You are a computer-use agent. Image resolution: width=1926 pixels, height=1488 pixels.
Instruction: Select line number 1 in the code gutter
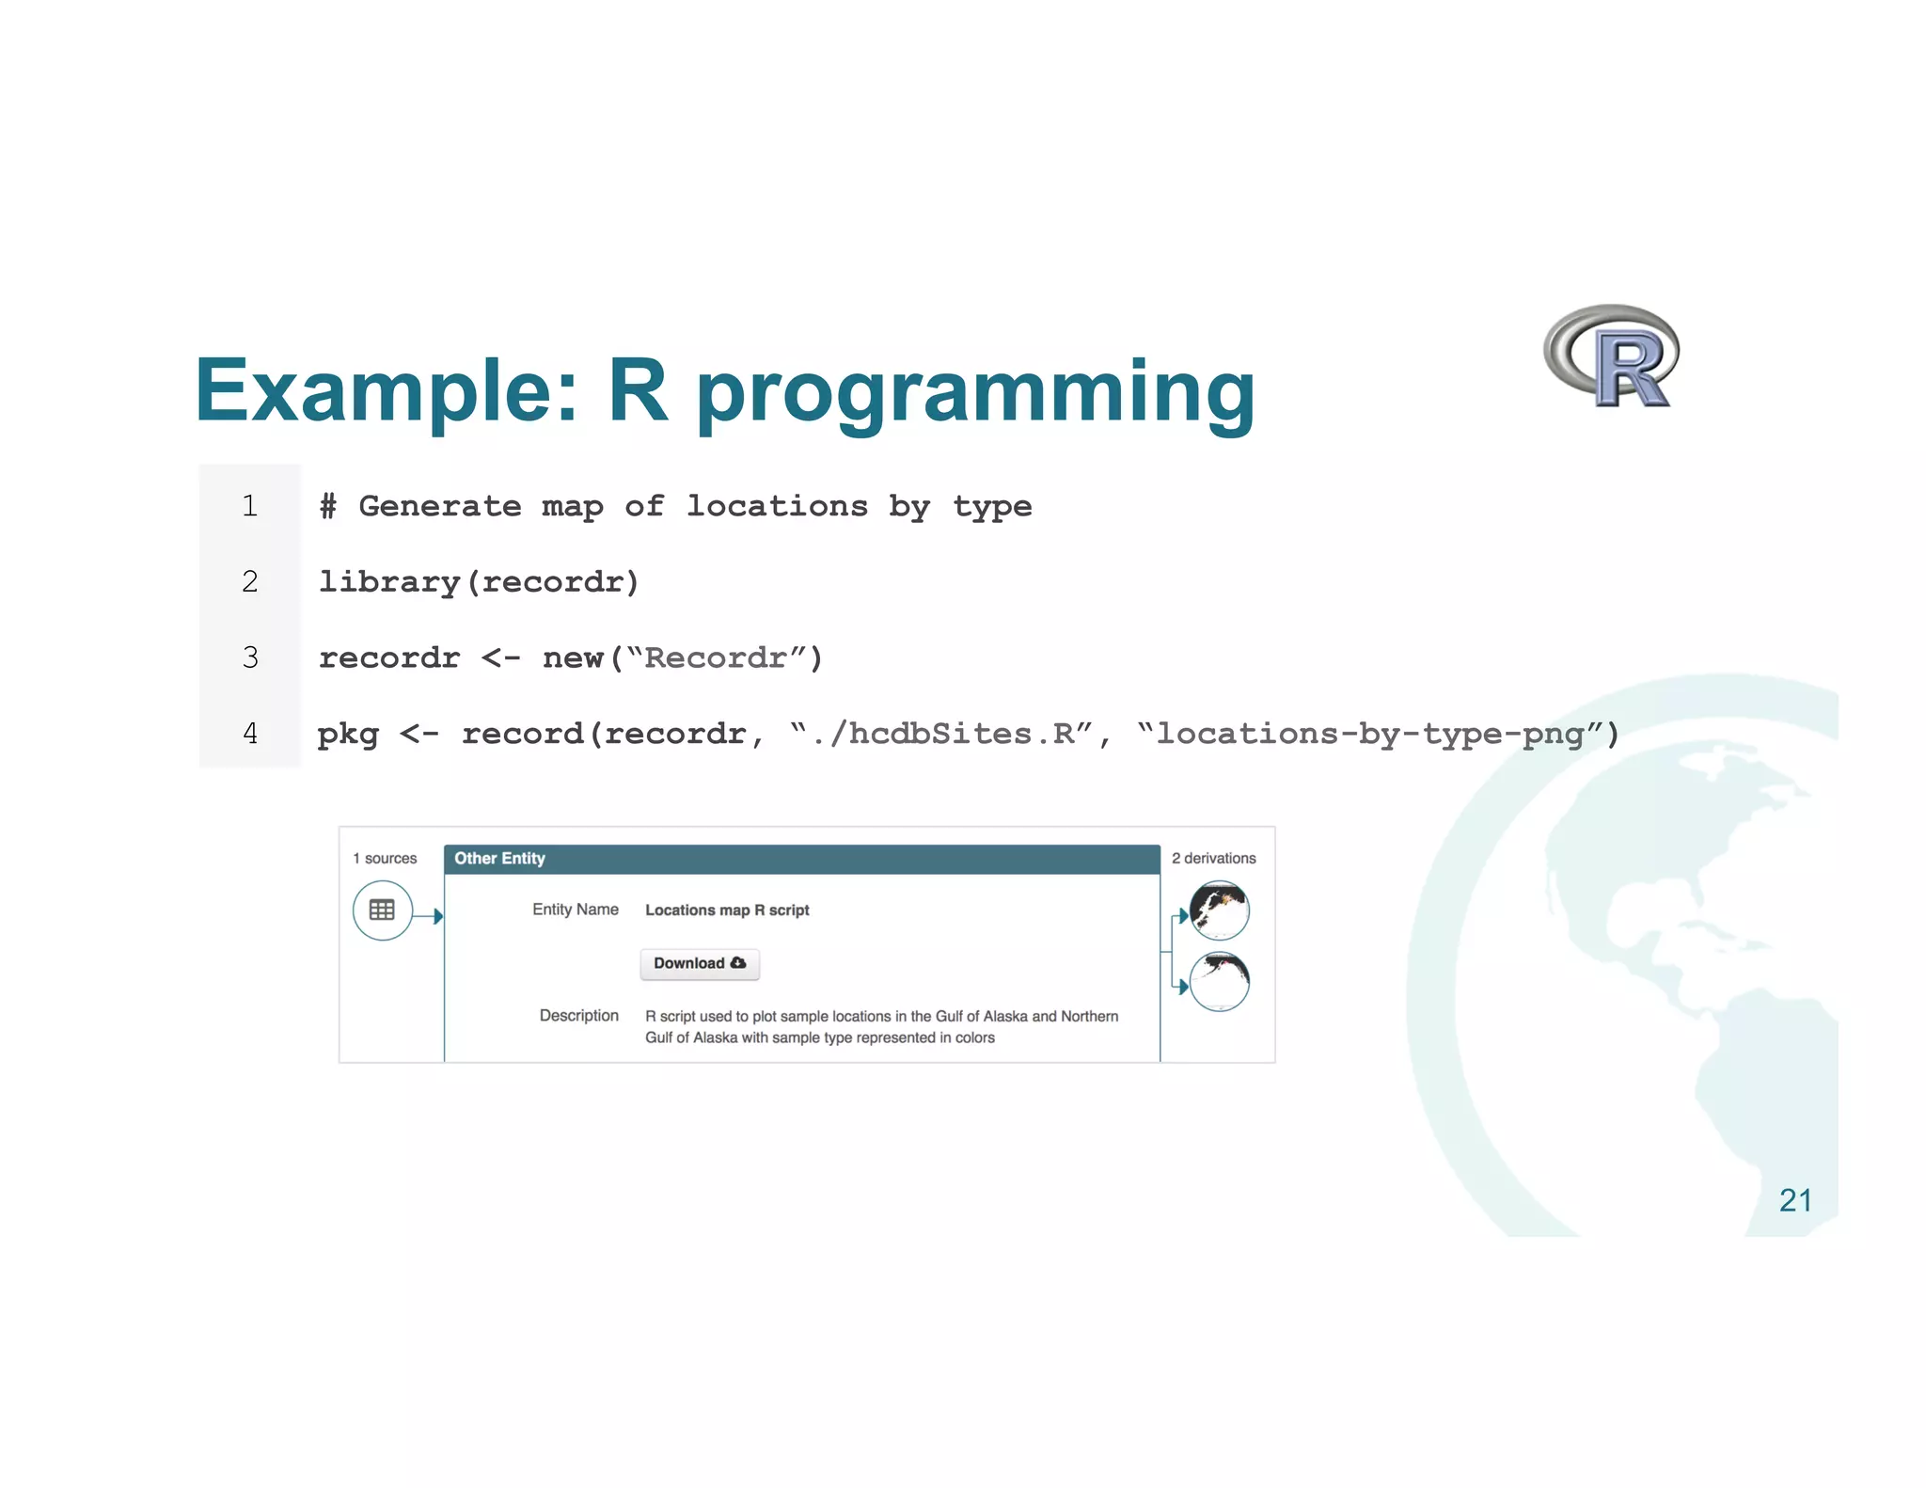pyautogui.click(x=249, y=506)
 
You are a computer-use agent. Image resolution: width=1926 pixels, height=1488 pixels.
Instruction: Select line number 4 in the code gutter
pyautogui.click(x=249, y=733)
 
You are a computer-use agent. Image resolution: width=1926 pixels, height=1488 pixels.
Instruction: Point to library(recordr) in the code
pyautogui.click(x=479, y=582)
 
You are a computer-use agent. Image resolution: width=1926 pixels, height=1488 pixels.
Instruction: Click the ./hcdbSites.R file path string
pyautogui.click(x=942, y=733)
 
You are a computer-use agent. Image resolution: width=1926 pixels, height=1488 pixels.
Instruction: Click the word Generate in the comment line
pyautogui.click(x=440, y=506)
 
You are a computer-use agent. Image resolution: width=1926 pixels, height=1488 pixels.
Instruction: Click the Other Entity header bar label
pyautogui.click(x=499, y=858)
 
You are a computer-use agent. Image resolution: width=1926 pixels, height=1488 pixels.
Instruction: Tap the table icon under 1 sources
pyautogui.click(x=382, y=910)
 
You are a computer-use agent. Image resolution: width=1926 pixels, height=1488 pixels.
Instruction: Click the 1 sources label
pyautogui.click(x=385, y=858)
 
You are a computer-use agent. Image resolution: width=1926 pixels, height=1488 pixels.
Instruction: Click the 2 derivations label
pyautogui.click(x=1213, y=858)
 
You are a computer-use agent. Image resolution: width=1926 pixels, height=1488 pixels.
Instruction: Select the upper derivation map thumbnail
pyautogui.click(x=1219, y=910)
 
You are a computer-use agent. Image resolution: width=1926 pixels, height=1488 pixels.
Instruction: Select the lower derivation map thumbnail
pyautogui.click(x=1219, y=981)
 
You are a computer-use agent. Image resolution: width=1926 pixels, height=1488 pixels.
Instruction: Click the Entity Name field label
pyautogui.click(x=575, y=910)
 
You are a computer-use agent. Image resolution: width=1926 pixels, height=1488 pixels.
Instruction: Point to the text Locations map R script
pyautogui.click(x=727, y=910)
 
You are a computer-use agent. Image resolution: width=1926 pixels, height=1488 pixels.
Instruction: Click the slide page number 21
pyautogui.click(x=1794, y=1200)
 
